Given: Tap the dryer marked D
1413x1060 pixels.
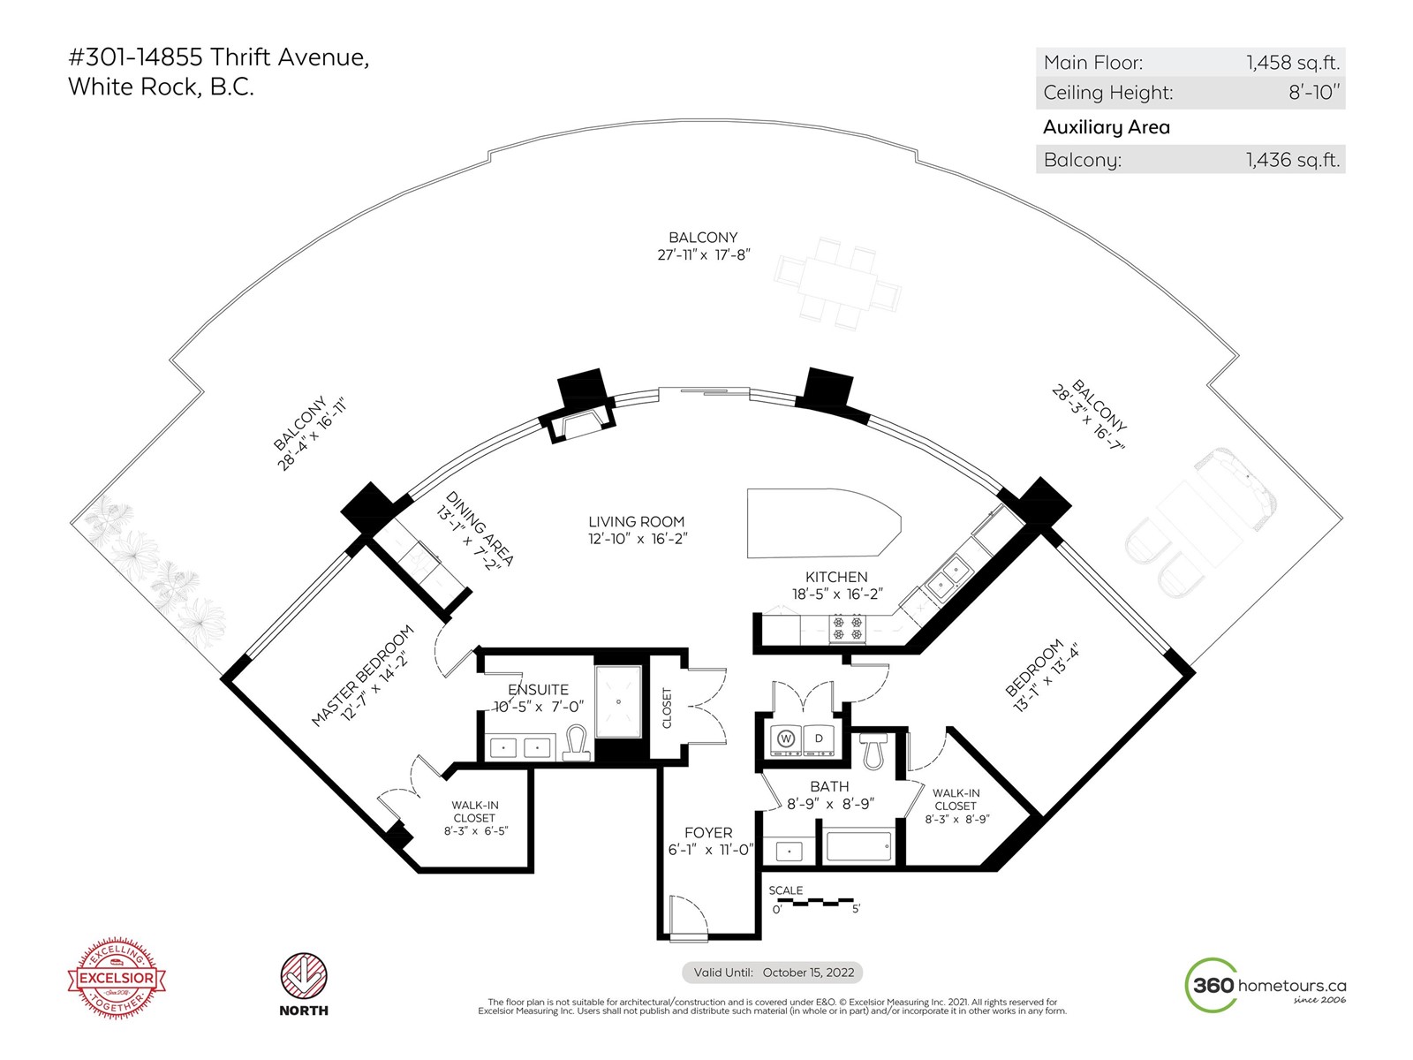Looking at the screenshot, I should click(820, 738).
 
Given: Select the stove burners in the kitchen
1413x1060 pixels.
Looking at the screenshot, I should click(848, 628).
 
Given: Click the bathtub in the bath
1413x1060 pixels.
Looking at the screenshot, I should click(858, 845).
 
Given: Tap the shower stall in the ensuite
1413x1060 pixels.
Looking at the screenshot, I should click(618, 702).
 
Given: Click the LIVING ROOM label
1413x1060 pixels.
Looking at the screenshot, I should click(637, 522).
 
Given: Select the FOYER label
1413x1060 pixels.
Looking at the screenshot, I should click(708, 833).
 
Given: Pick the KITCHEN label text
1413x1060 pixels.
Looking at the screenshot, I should click(836, 577).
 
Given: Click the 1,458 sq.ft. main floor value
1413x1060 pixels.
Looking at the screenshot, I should click(1293, 63).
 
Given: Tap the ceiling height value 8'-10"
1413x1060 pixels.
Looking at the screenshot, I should click(1314, 93).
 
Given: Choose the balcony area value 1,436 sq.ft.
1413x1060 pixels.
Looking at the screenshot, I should click(1293, 160).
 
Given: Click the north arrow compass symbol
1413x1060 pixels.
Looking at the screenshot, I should click(304, 977).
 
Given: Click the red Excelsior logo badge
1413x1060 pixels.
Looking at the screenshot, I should click(117, 978).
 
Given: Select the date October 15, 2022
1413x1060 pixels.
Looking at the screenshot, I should click(808, 973).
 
